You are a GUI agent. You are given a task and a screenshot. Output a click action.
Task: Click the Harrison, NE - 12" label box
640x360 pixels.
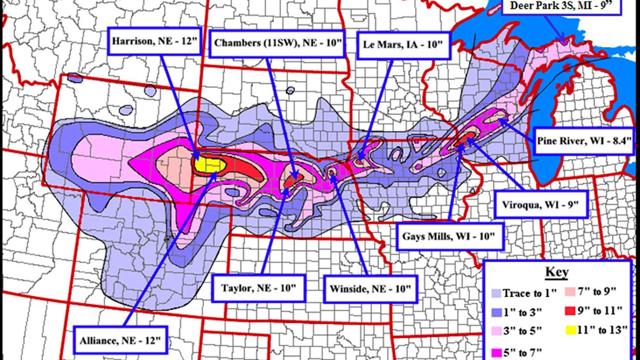coord(154,41)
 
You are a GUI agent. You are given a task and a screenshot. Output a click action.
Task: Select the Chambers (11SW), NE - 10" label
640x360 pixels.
coord(278,43)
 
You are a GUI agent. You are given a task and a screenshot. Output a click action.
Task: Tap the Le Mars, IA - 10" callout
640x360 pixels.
coord(403,44)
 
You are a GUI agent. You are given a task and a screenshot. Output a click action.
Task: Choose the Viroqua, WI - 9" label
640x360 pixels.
coord(540,204)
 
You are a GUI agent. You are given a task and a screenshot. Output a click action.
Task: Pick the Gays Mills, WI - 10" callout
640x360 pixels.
coord(449,236)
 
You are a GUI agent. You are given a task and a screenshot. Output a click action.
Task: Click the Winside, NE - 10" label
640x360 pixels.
coord(369,288)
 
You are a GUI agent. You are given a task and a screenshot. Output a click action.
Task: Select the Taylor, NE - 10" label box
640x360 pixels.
coord(259,288)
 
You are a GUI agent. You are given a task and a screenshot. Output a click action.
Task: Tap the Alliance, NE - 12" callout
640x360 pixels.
coord(121,340)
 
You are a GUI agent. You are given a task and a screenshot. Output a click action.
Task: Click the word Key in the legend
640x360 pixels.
coord(557,272)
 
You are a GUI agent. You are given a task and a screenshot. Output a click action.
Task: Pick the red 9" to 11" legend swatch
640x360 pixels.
coord(570,311)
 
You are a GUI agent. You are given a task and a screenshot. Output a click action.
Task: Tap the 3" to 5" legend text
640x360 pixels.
coord(523,331)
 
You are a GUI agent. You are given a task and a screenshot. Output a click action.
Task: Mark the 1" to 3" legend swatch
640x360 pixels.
coord(496,312)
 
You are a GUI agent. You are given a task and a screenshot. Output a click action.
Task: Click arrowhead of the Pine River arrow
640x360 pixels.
coord(500,121)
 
